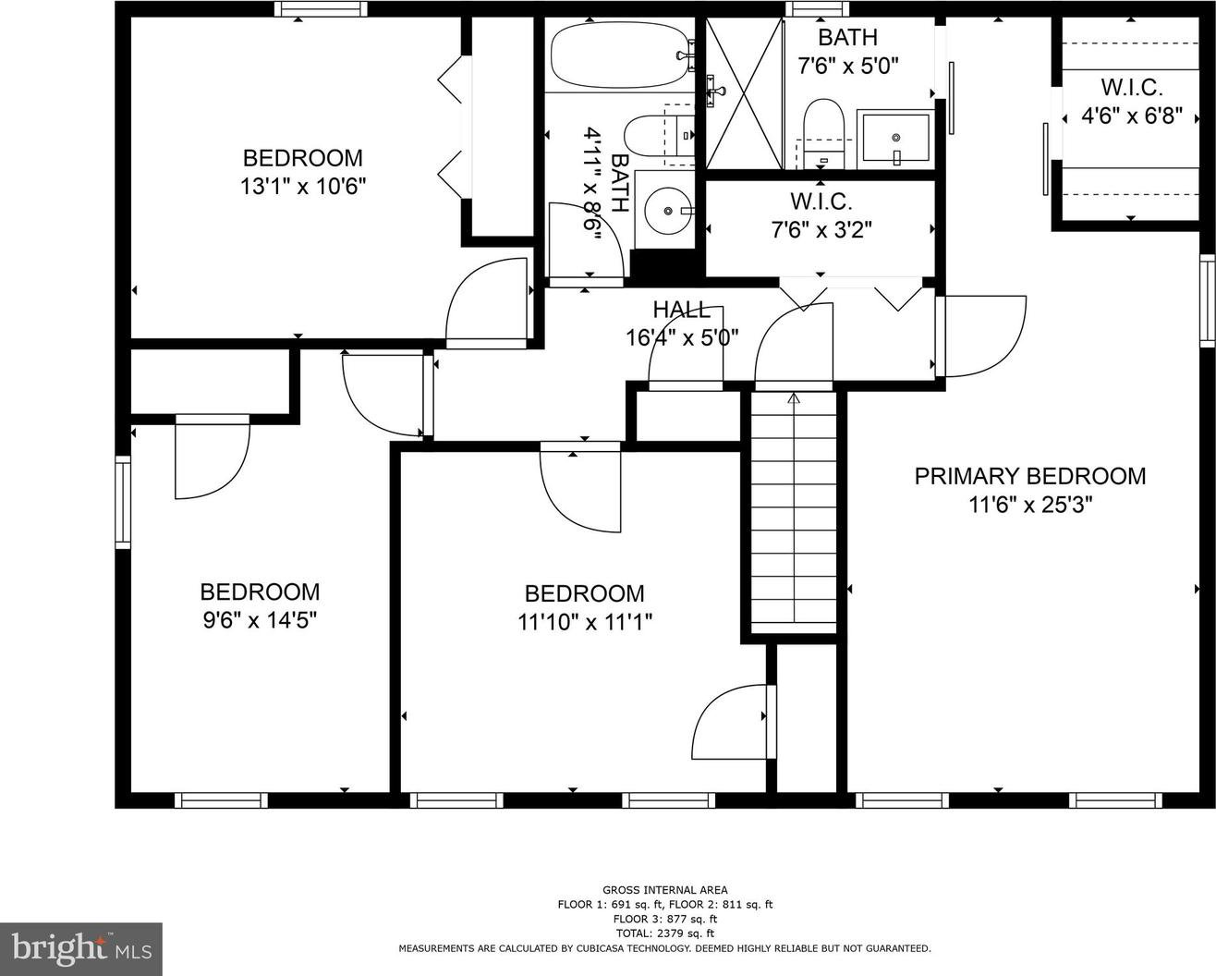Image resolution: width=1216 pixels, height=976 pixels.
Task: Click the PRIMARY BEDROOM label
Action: pyautogui.click(x=1030, y=476)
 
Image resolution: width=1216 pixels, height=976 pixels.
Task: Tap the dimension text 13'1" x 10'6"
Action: pyautogui.click(x=303, y=186)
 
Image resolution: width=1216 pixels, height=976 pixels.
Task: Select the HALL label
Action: pyautogui.click(x=681, y=310)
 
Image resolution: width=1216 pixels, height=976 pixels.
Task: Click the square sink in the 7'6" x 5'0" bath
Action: pyautogui.click(x=895, y=139)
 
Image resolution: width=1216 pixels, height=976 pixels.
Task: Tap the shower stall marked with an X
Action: pyautogui.click(x=745, y=92)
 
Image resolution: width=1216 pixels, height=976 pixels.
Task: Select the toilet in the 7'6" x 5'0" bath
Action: pyautogui.click(x=823, y=134)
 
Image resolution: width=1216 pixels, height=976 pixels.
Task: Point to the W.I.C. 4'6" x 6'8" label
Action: pyautogui.click(x=1131, y=103)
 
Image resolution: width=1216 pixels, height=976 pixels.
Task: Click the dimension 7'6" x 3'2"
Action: pyautogui.click(x=821, y=230)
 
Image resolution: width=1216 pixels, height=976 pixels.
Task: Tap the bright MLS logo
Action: pyautogui.click(x=81, y=948)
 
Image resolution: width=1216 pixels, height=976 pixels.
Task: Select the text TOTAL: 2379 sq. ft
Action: pyautogui.click(x=665, y=933)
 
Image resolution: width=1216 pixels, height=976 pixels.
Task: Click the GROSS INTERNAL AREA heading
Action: pyautogui.click(x=665, y=890)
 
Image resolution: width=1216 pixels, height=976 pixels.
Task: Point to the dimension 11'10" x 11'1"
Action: pyautogui.click(x=585, y=623)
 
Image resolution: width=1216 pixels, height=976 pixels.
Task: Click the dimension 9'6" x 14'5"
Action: pyautogui.click(x=260, y=620)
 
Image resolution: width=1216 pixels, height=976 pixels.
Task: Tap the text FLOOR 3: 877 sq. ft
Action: pyautogui.click(x=665, y=919)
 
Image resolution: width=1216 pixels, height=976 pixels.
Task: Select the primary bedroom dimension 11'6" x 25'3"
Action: pyautogui.click(x=1030, y=504)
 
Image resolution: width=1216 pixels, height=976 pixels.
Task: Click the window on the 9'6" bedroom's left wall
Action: pyautogui.click(x=123, y=502)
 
